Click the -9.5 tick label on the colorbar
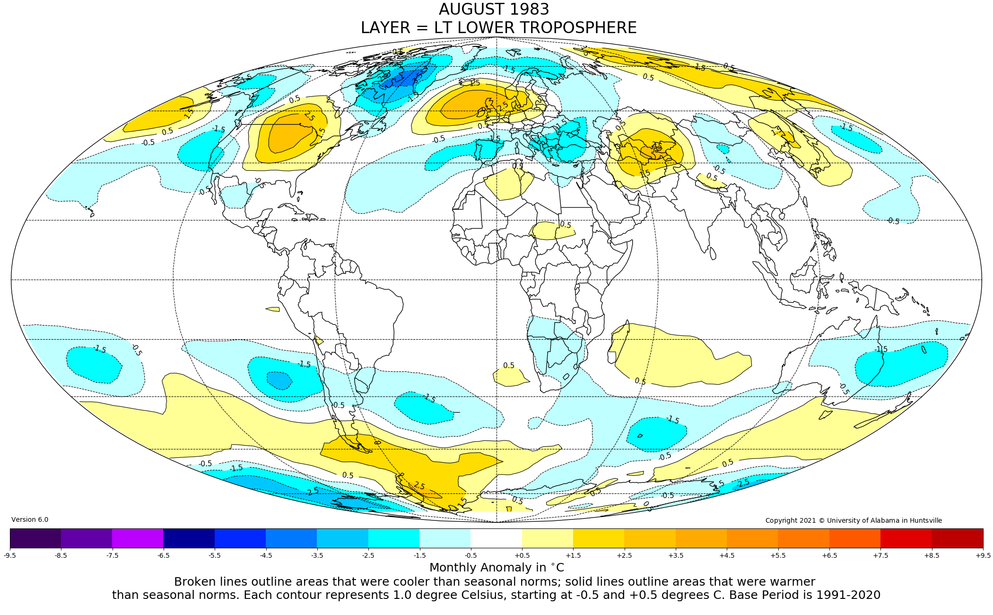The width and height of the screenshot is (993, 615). pyautogui.click(x=10, y=555)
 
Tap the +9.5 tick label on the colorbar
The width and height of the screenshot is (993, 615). pyautogui.click(x=983, y=555)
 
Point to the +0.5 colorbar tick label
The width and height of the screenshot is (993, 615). pyautogui.click(x=522, y=555)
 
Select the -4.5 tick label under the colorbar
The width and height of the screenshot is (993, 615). pyautogui.click(x=266, y=555)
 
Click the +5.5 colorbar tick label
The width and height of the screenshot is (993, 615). pyautogui.click(x=778, y=555)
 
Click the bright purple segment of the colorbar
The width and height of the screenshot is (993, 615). pyautogui.click(x=138, y=538)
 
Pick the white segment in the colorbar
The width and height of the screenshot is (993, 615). pyautogui.click(x=496, y=538)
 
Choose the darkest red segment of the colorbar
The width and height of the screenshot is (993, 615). pyautogui.click(x=957, y=538)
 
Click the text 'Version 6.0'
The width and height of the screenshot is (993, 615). pyautogui.click(x=30, y=519)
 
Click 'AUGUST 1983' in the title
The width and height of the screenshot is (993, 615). pyautogui.click(x=494, y=9)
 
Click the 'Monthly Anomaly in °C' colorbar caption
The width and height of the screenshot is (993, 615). pyautogui.click(x=496, y=568)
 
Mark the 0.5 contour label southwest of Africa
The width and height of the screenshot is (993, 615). pyautogui.click(x=509, y=366)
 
